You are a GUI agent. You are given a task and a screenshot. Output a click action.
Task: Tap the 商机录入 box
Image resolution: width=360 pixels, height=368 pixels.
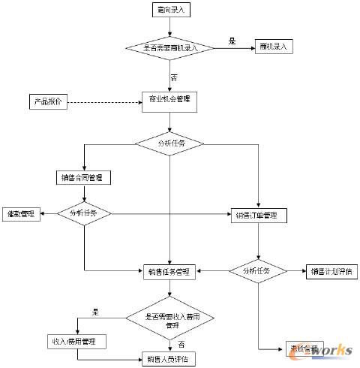tap(274, 47)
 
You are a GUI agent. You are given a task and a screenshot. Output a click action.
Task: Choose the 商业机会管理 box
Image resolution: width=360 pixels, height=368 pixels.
tap(170, 101)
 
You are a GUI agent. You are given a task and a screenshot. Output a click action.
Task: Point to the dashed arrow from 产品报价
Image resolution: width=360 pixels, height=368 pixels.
tap(105, 101)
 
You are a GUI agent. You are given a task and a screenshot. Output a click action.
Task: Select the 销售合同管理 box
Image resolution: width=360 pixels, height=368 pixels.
tap(84, 178)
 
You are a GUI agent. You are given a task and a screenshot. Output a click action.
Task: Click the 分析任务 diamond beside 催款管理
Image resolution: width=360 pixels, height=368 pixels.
tap(84, 213)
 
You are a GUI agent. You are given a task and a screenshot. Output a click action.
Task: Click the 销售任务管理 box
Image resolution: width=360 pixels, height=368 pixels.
tap(170, 270)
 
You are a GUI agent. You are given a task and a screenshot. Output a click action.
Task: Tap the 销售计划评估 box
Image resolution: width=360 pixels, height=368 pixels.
tap(331, 270)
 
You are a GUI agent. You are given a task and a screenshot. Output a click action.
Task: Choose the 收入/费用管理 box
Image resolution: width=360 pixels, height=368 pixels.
tap(77, 342)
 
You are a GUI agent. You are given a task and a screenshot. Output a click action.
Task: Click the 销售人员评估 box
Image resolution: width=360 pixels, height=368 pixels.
tap(170, 359)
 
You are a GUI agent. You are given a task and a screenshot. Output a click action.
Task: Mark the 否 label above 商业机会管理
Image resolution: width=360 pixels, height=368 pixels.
tap(174, 78)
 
